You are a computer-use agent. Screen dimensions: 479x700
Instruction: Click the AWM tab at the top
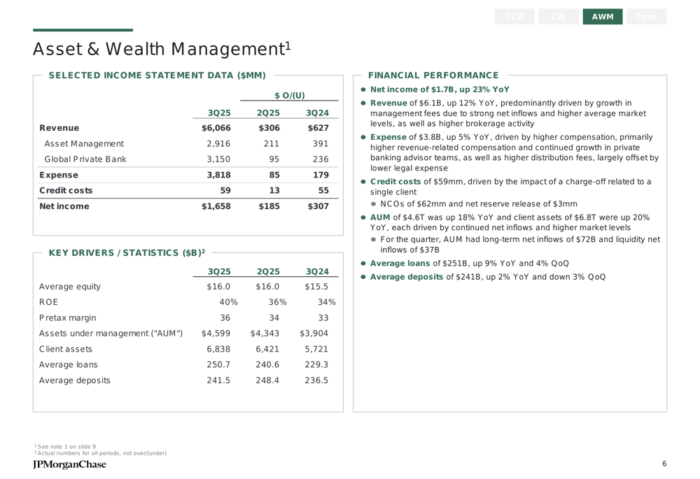coord(602,17)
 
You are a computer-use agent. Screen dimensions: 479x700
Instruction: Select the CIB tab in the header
coord(559,17)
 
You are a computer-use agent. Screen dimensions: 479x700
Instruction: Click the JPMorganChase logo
coord(70,464)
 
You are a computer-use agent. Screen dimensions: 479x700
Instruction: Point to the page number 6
coord(664,464)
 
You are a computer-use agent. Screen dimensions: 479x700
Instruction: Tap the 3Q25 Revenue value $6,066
coord(216,128)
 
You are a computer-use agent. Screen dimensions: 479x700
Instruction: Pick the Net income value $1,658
coord(216,206)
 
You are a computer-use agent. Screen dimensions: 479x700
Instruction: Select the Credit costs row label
coord(66,190)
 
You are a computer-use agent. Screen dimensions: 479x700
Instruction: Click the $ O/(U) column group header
coord(289,95)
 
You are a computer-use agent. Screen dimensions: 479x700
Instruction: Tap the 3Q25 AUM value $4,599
coord(216,334)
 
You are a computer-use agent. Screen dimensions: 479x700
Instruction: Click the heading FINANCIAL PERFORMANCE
coord(433,76)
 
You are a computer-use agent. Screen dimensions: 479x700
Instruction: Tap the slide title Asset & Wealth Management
coord(161,50)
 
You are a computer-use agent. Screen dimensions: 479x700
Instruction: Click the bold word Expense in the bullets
coord(388,137)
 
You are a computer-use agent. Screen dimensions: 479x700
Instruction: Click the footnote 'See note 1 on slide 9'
coord(67,446)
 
